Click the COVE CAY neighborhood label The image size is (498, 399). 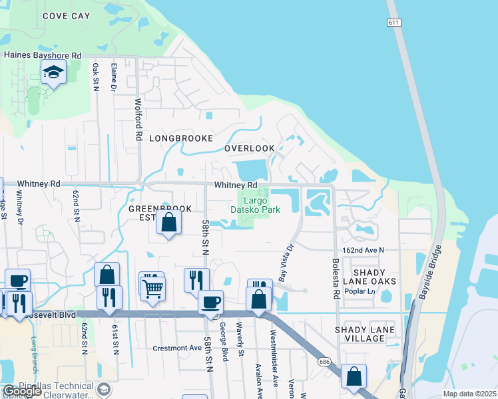point(66,15)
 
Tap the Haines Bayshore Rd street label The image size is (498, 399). point(43,55)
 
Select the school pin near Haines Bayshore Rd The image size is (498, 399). point(53,72)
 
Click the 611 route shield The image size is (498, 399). point(394,23)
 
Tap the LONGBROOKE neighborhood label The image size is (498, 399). point(180,138)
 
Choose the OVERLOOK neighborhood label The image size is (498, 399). point(249,148)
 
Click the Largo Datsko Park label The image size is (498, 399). point(255,204)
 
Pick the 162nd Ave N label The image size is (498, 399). point(364,250)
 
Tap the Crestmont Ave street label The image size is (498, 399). point(176,348)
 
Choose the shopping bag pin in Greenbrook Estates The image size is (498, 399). point(169,223)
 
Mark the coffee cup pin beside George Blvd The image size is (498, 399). point(211,302)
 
